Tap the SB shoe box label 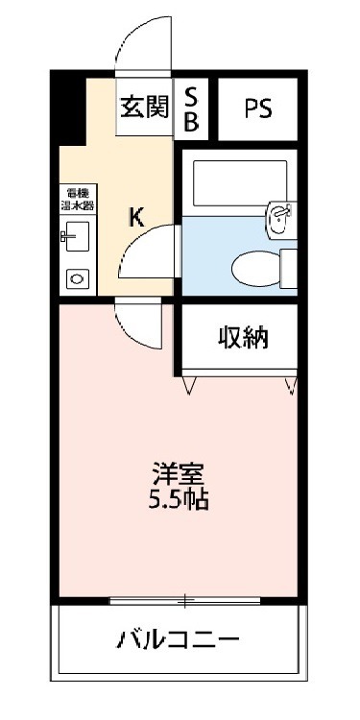click(191, 108)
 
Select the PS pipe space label click(256, 108)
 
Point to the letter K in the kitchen click(136, 218)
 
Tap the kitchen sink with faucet click(74, 236)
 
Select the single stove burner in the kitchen click(75, 277)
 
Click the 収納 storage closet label click(241, 338)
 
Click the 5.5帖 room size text click(180, 499)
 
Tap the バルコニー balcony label click(180, 639)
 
